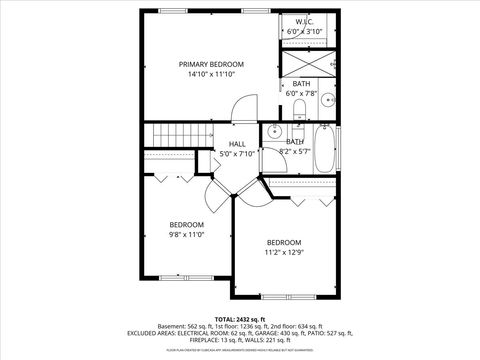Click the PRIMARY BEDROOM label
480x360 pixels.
click(211, 63)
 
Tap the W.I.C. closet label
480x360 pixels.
click(304, 21)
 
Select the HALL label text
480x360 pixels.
click(238, 144)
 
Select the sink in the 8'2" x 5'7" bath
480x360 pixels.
click(275, 130)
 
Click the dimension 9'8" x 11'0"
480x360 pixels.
click(186, 235)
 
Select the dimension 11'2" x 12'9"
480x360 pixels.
click(283, 253)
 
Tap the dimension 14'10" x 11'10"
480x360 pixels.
click(211, 74)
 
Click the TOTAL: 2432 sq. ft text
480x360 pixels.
click(240, 316)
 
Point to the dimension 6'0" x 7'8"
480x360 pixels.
click(301, 93)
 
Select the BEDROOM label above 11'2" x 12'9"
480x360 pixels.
click(283, 242)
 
